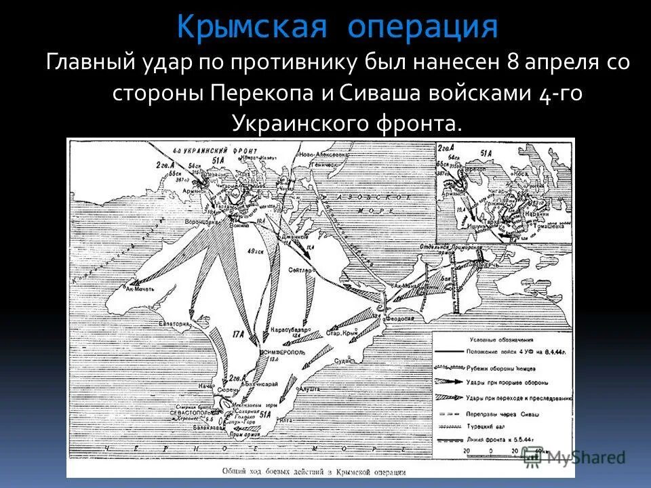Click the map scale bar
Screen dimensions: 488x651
(x=502, y=455)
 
